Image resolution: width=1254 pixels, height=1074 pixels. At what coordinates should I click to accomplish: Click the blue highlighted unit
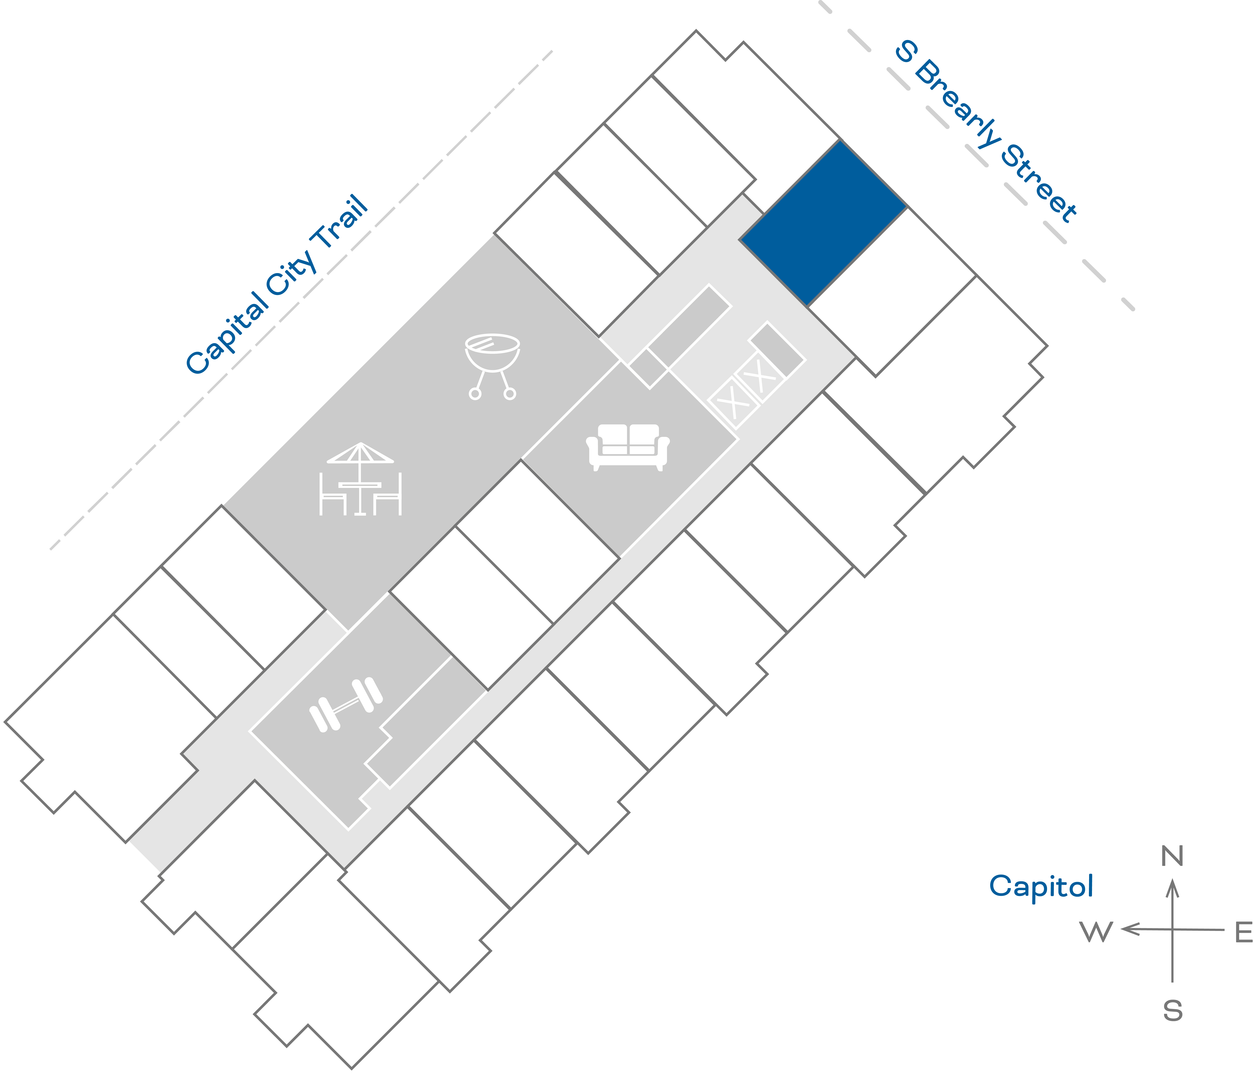point(823,223)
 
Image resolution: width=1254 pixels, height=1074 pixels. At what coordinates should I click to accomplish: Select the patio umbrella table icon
point(360,478)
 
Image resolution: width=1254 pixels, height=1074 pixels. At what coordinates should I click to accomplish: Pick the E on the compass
point(1243,932)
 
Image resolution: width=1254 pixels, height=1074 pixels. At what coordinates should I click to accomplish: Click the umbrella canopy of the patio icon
point(360,453)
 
